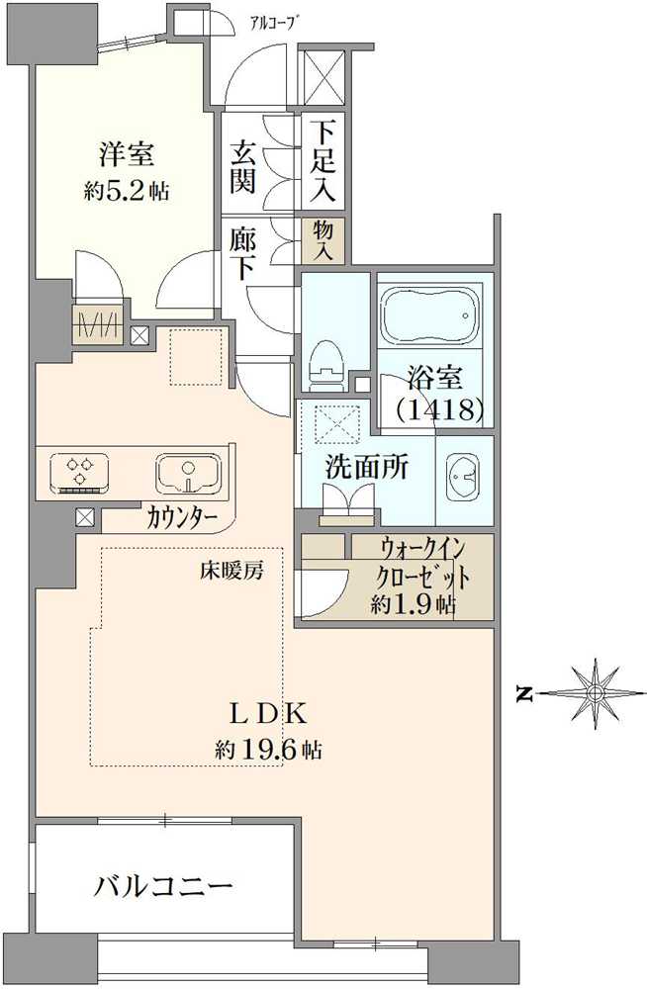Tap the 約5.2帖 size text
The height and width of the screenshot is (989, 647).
tap(126, 191)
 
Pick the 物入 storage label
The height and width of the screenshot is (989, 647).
tap(323, 240)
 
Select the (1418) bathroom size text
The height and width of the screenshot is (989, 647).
tap(438, 407)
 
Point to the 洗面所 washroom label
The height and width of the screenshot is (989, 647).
tap(366, 468)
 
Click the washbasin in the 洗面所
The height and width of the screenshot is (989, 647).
tap(463, 478)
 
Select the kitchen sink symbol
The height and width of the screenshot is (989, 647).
tap(188, 474)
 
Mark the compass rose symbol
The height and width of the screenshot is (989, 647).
tap(594, 693)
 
